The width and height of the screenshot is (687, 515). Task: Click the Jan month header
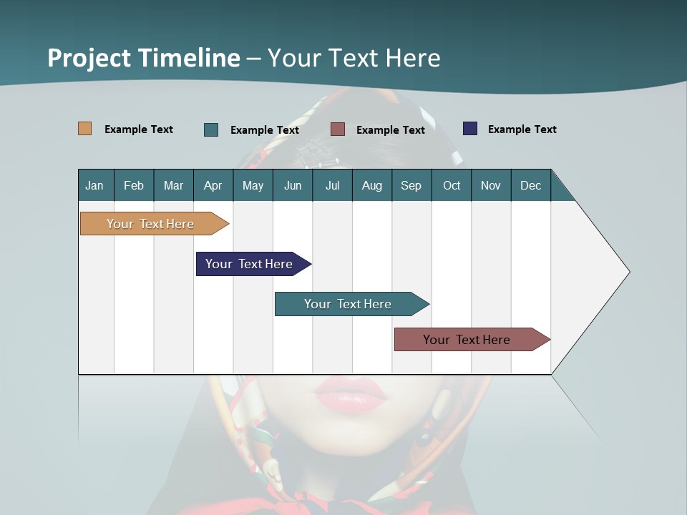point(94,185)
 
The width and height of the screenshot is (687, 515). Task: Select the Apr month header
point(213,185)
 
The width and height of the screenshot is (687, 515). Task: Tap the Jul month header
point(332,185)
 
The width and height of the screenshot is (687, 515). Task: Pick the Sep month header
point(411,185)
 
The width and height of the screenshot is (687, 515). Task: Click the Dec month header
point(530,185)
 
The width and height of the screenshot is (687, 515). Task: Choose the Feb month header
point(134,185)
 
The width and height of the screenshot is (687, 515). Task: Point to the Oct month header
point(452,185)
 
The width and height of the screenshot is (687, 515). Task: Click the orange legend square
point(84,129)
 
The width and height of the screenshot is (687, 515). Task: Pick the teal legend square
point(211,129)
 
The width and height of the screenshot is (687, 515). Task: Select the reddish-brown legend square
point(338,129)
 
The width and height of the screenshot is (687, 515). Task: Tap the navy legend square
point(470,129)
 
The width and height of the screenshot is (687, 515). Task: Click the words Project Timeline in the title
point(143,57)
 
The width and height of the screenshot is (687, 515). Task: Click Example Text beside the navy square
point(522,129)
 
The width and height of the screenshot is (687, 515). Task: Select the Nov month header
point(490,185)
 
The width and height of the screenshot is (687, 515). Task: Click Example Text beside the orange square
point(138,129)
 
